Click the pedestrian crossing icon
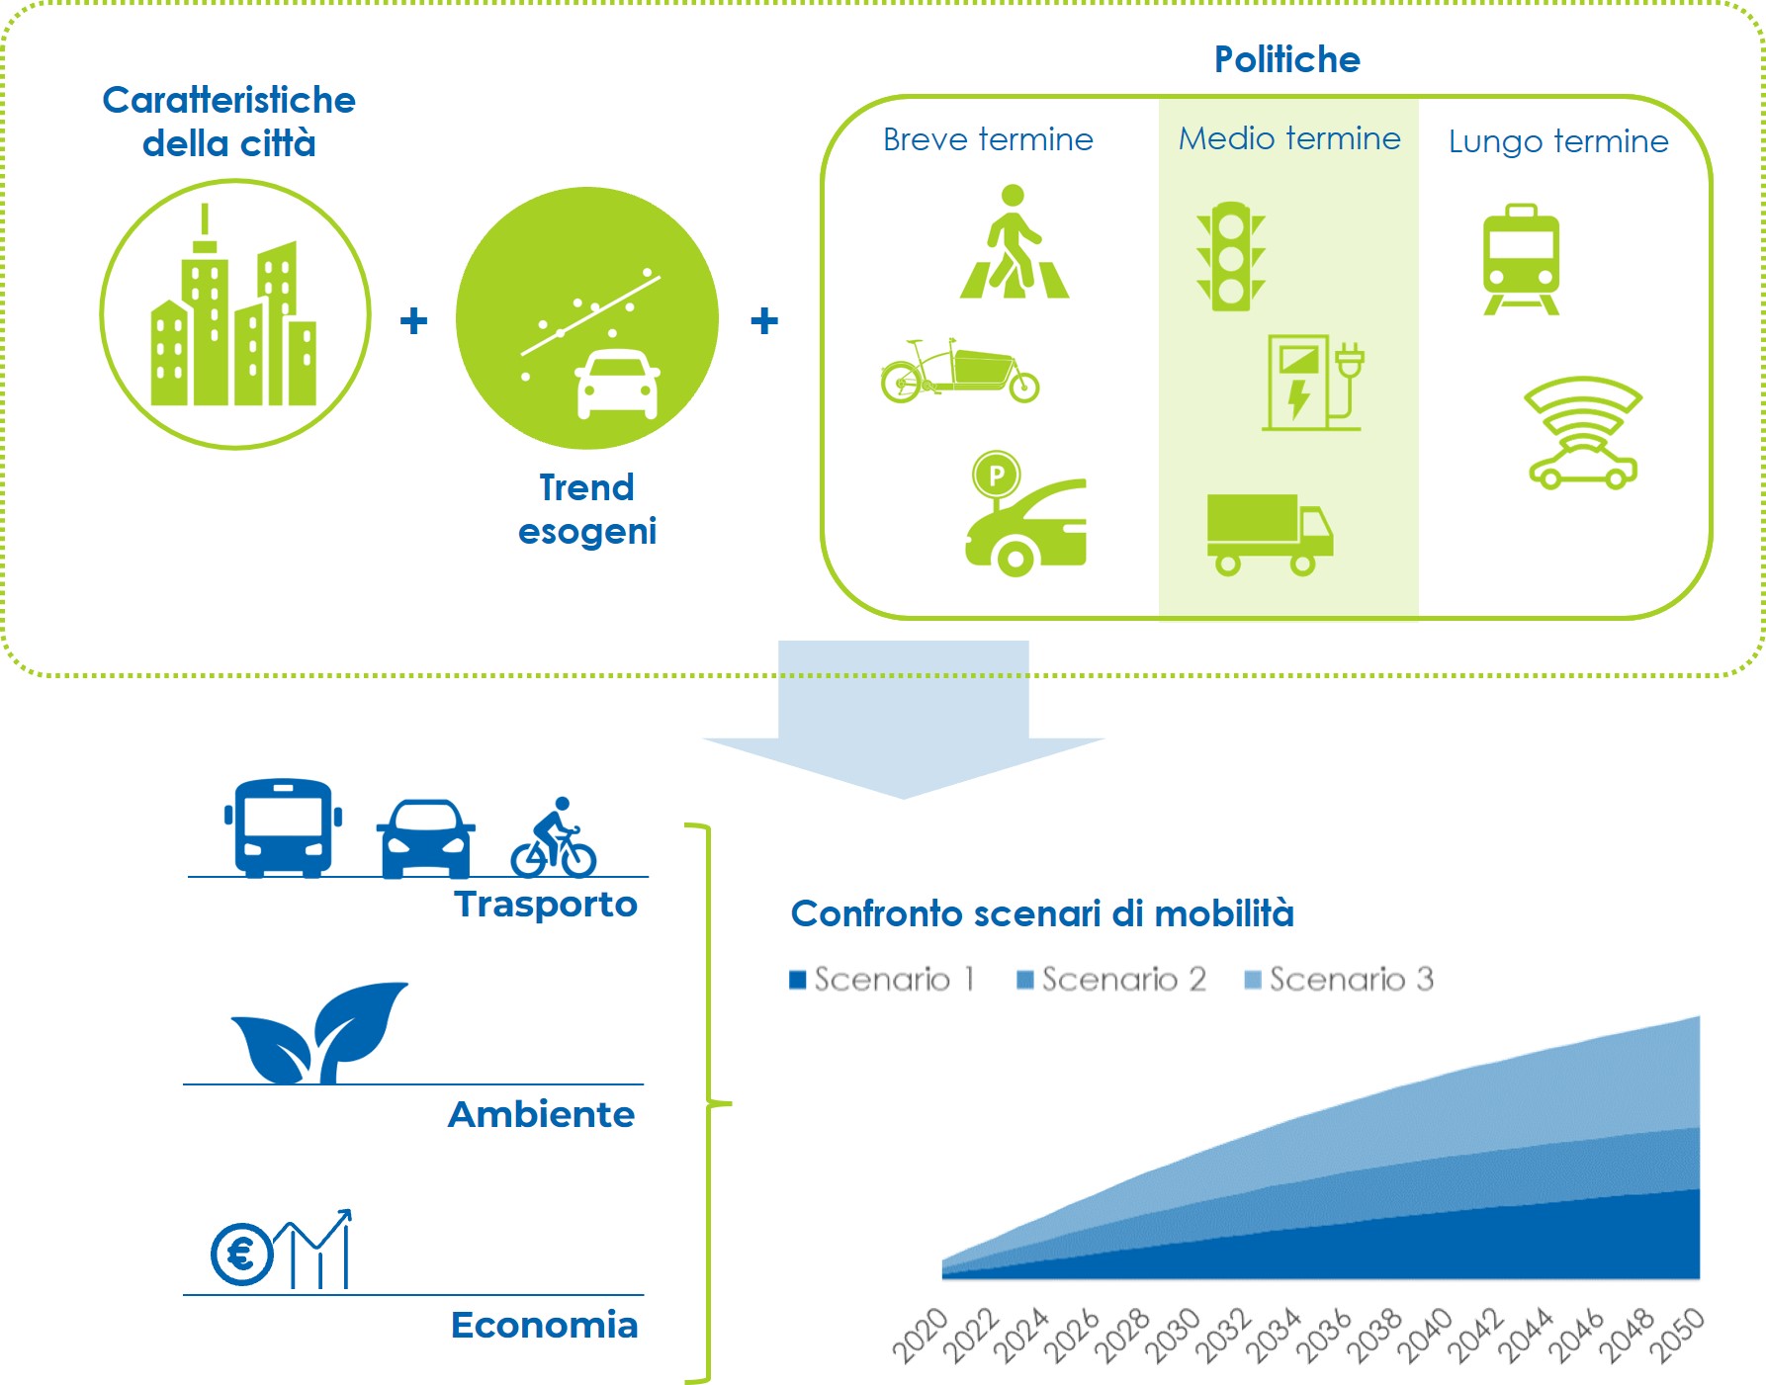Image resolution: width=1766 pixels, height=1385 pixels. [1015, 241]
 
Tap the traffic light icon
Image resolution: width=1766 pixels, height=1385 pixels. [1231, 257]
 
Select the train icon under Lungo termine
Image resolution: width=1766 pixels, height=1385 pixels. [1521, 259]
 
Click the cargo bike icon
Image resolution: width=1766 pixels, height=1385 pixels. [960, 371]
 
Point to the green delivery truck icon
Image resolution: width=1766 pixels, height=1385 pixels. [1270, 534]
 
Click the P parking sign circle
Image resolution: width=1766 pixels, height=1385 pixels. [996, 476]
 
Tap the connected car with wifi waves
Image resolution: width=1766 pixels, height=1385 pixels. [1583, 433]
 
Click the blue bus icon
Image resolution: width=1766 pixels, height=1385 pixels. [283, 827]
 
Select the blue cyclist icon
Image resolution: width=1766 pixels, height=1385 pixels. [554, 837]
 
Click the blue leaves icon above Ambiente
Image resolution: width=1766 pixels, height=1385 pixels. [319, 1032]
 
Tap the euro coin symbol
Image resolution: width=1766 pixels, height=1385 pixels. [241, 1255]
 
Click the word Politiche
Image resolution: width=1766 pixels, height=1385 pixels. [1287, 59]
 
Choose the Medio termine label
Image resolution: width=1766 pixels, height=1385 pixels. [1289, 138]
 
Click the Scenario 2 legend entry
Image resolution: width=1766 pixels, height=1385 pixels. [1111, 979]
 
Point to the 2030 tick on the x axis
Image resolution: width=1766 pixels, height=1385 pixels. [1172, 1334]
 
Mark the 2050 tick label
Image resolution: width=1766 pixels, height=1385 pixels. [1676, 1334]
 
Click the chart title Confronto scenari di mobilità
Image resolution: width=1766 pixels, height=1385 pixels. [1042, 913]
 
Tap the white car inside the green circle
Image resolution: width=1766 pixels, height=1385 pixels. [617, 385]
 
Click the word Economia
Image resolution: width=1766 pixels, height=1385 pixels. [544, 1325]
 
